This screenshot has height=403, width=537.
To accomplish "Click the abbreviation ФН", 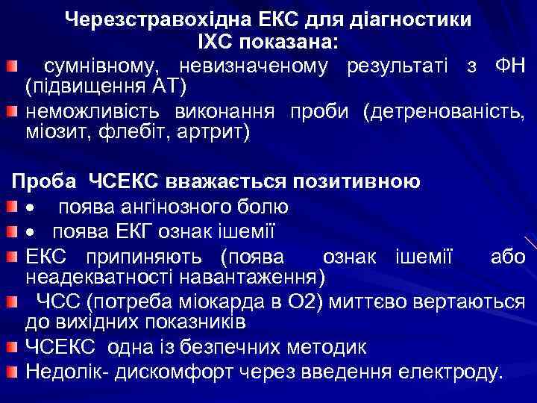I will coord(509,66).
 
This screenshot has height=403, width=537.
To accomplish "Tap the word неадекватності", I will coord(97,278).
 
